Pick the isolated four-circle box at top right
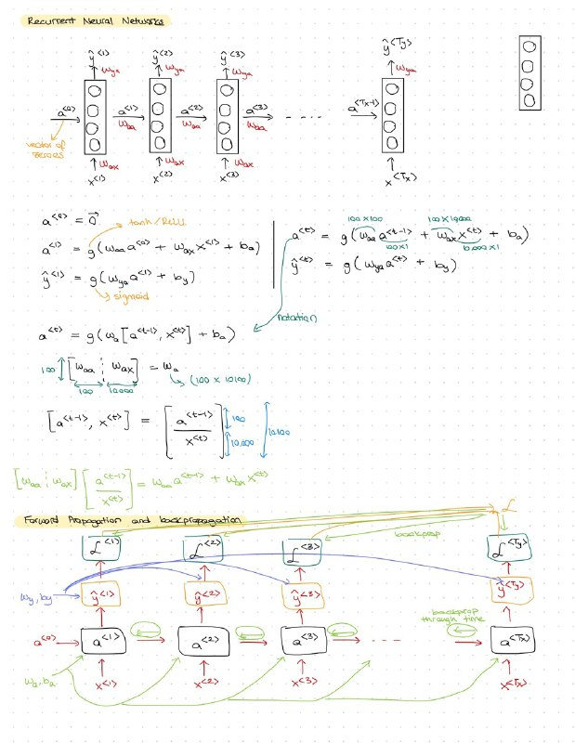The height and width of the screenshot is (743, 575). [530, 72]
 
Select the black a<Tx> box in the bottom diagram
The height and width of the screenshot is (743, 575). [513, 641]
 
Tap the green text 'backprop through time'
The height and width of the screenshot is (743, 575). [450, 612]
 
